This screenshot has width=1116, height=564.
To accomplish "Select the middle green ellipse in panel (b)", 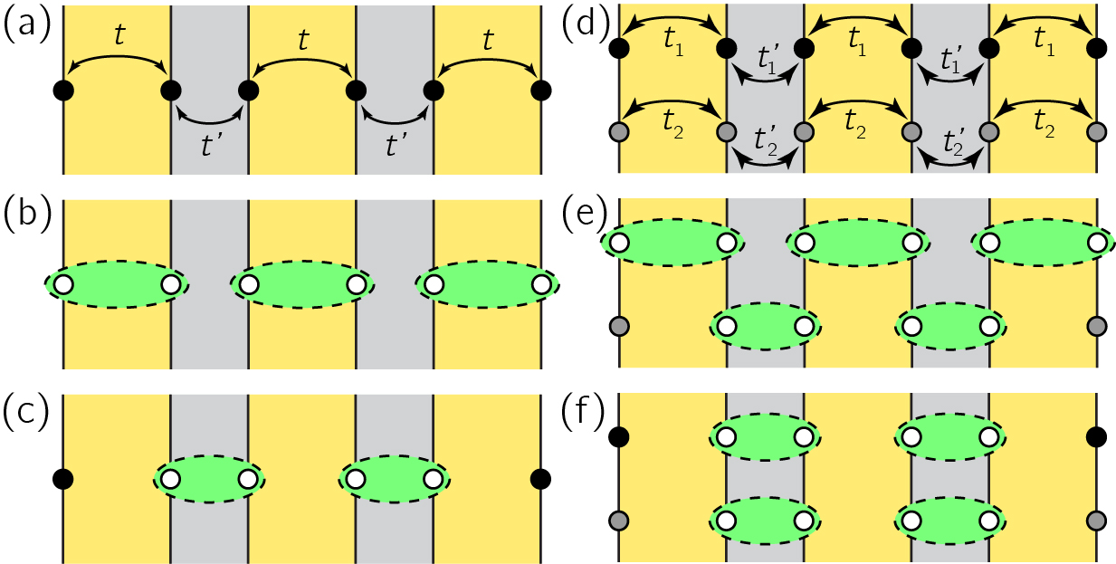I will tap(301, 285).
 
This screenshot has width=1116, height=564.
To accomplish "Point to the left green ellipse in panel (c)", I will tap(209, 479).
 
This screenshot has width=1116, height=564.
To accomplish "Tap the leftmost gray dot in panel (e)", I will tap(620, 325).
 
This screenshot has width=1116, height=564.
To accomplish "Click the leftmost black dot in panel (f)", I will tap(620, 437).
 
